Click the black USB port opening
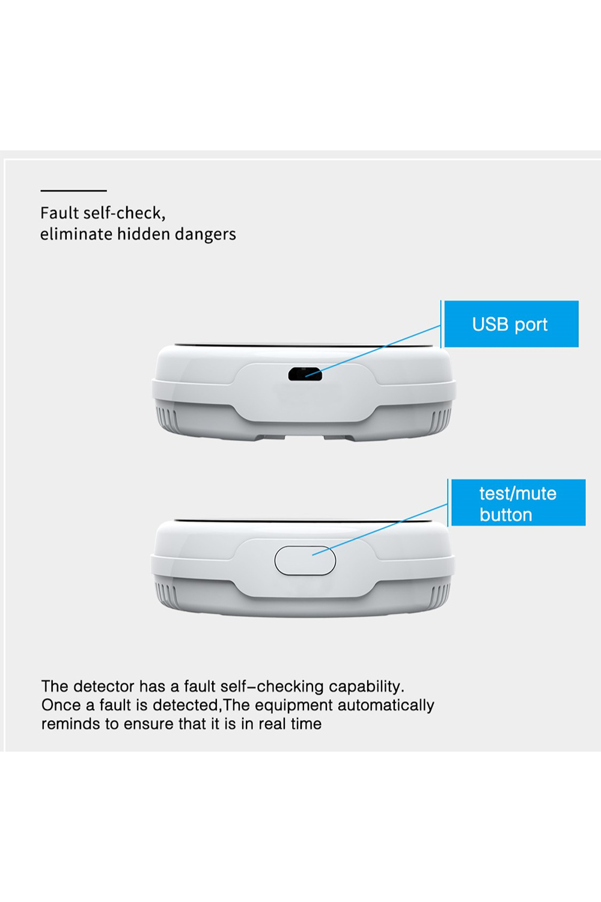pyautogui.click(x=305, y=375)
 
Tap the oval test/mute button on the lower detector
pyautogui.click(x=305, y=560)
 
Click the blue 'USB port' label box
pyautogui.click(x=511, y=324)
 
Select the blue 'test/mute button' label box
pyautogui.click(x=519, y=503)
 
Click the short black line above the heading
pyautogui.click(x=74, y=191)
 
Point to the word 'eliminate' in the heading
pyautogui.click(x=76, y=234)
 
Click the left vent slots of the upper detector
pyautogui.click(x=166, y=419)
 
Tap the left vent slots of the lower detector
pyautogui.click(x=166, y=595)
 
